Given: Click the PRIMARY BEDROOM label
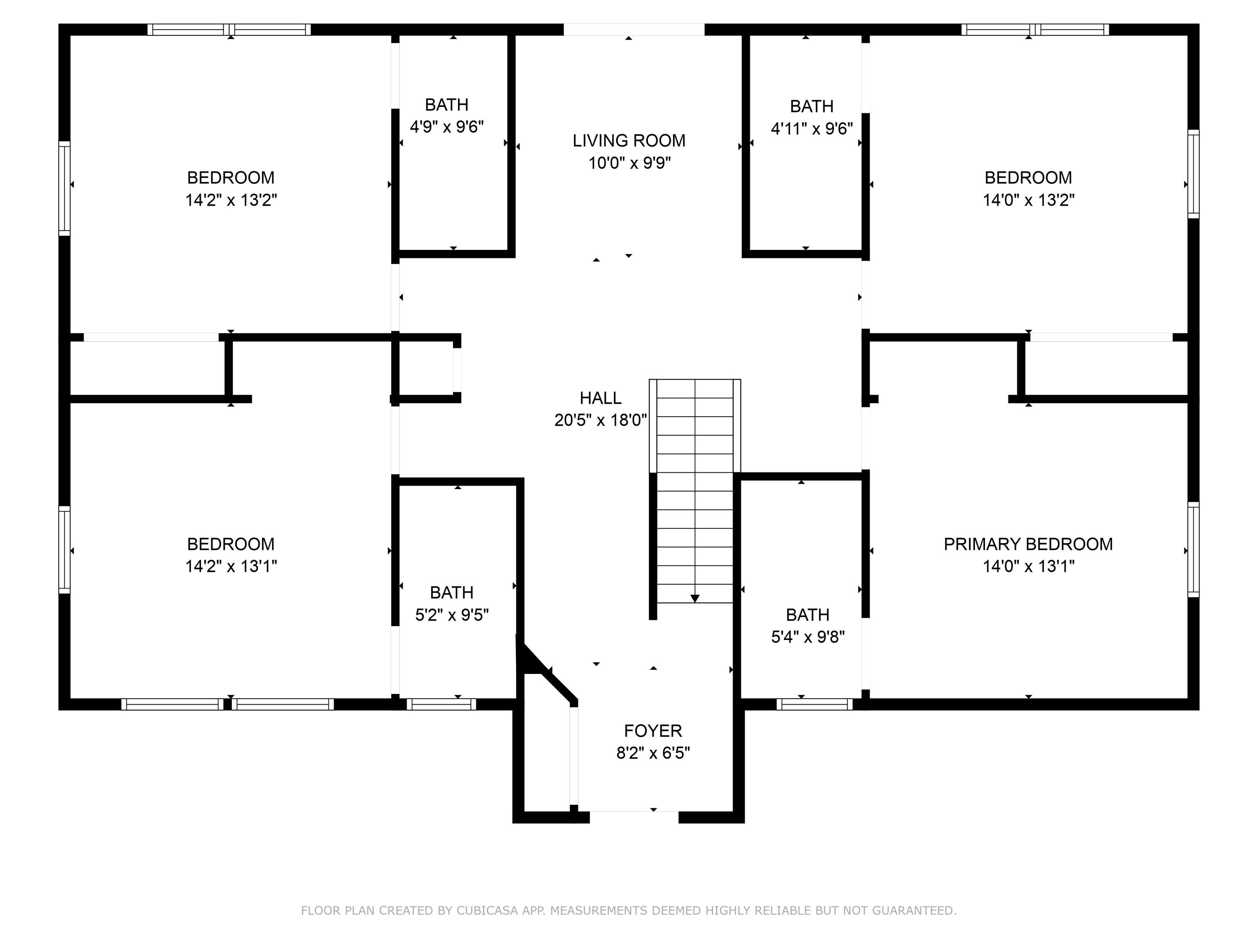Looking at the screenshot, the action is click(x=1028, y=544).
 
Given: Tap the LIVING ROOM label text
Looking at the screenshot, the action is click(x=629, y=140).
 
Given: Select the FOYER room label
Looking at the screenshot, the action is click(x=653, y=731).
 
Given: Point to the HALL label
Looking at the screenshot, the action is click(x=600, y=398).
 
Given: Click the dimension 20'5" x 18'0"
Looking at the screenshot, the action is click(x=600, y=420).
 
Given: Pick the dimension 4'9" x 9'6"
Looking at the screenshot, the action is click(x=447, y=126).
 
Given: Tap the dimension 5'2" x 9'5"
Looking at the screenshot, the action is click(x=452, y=614).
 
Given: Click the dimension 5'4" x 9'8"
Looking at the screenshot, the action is click(x=808, y=637).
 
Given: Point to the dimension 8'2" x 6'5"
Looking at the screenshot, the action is click(x=653, y=753).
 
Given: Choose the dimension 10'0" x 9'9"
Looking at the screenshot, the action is click(x=629, y=163).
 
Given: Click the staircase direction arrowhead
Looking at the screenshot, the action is click(x=695, y=598).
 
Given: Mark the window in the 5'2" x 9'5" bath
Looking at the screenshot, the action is click(x=441, y=704).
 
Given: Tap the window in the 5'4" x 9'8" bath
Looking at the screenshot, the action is click(x=814, y=704).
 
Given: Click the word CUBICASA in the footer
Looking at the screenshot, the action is click(x=487, y=911).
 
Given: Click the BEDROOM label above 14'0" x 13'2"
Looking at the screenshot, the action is click(x=1028, y=177).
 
